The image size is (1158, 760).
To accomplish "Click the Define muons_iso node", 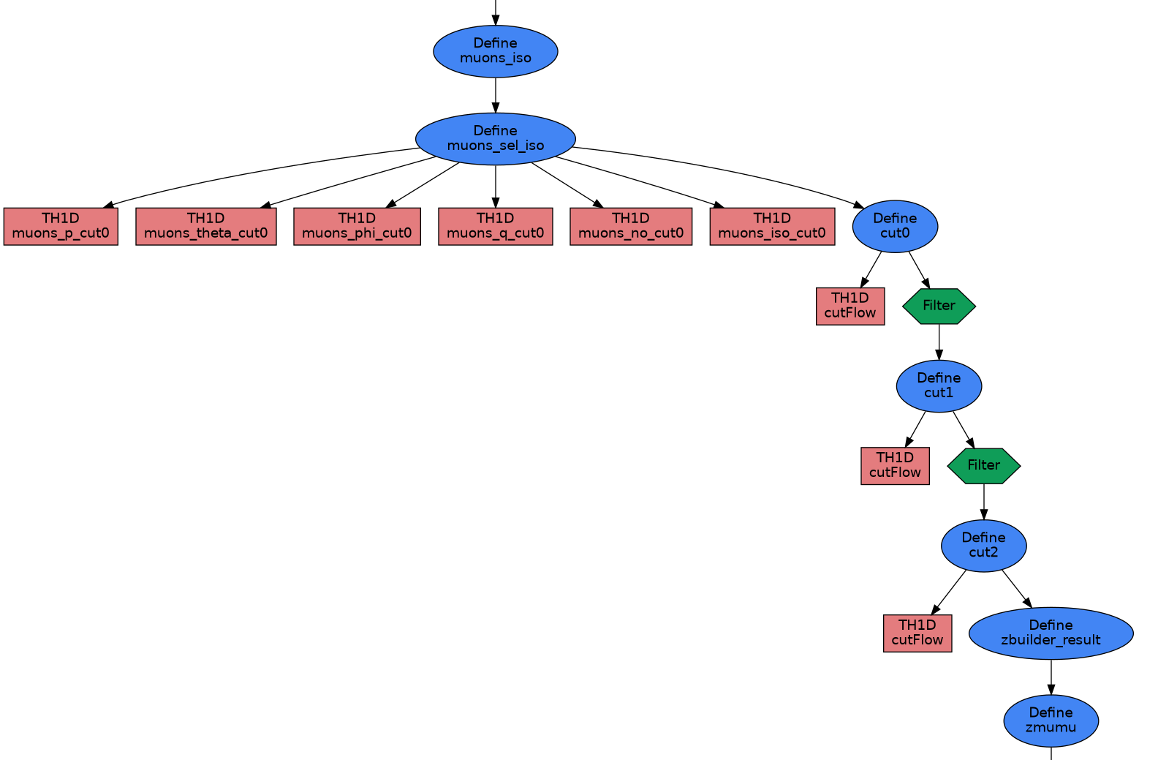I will pos(495,51).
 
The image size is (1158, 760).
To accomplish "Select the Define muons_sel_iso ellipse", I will pos(495,139).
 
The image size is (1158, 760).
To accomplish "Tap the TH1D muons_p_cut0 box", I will pos(61,226).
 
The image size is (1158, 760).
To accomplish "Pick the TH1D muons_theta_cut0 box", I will pos(205,226).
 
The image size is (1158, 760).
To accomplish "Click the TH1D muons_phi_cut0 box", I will pos(357,226).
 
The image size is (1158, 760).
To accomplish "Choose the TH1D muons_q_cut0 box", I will pos(495,226).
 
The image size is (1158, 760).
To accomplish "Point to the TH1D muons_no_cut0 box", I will pos(630,226).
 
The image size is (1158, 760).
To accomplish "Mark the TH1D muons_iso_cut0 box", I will pos(771,226).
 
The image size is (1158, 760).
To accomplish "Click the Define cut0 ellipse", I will pos(895,226).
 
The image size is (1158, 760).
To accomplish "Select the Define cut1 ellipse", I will pos(939,385).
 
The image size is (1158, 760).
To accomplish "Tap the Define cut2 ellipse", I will pos(983,545).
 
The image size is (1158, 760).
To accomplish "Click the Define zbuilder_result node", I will pos(1051,633).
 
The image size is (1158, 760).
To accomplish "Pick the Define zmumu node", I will pos(1051,721).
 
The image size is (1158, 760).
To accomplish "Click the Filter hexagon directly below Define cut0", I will pos(939,306).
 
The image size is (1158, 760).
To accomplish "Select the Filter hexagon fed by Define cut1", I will pos(983,465).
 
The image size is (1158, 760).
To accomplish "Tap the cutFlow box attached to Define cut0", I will pos(850,306).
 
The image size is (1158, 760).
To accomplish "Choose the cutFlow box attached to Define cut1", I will pos(895,465).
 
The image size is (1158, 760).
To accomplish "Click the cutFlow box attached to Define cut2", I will pos(917,633).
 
